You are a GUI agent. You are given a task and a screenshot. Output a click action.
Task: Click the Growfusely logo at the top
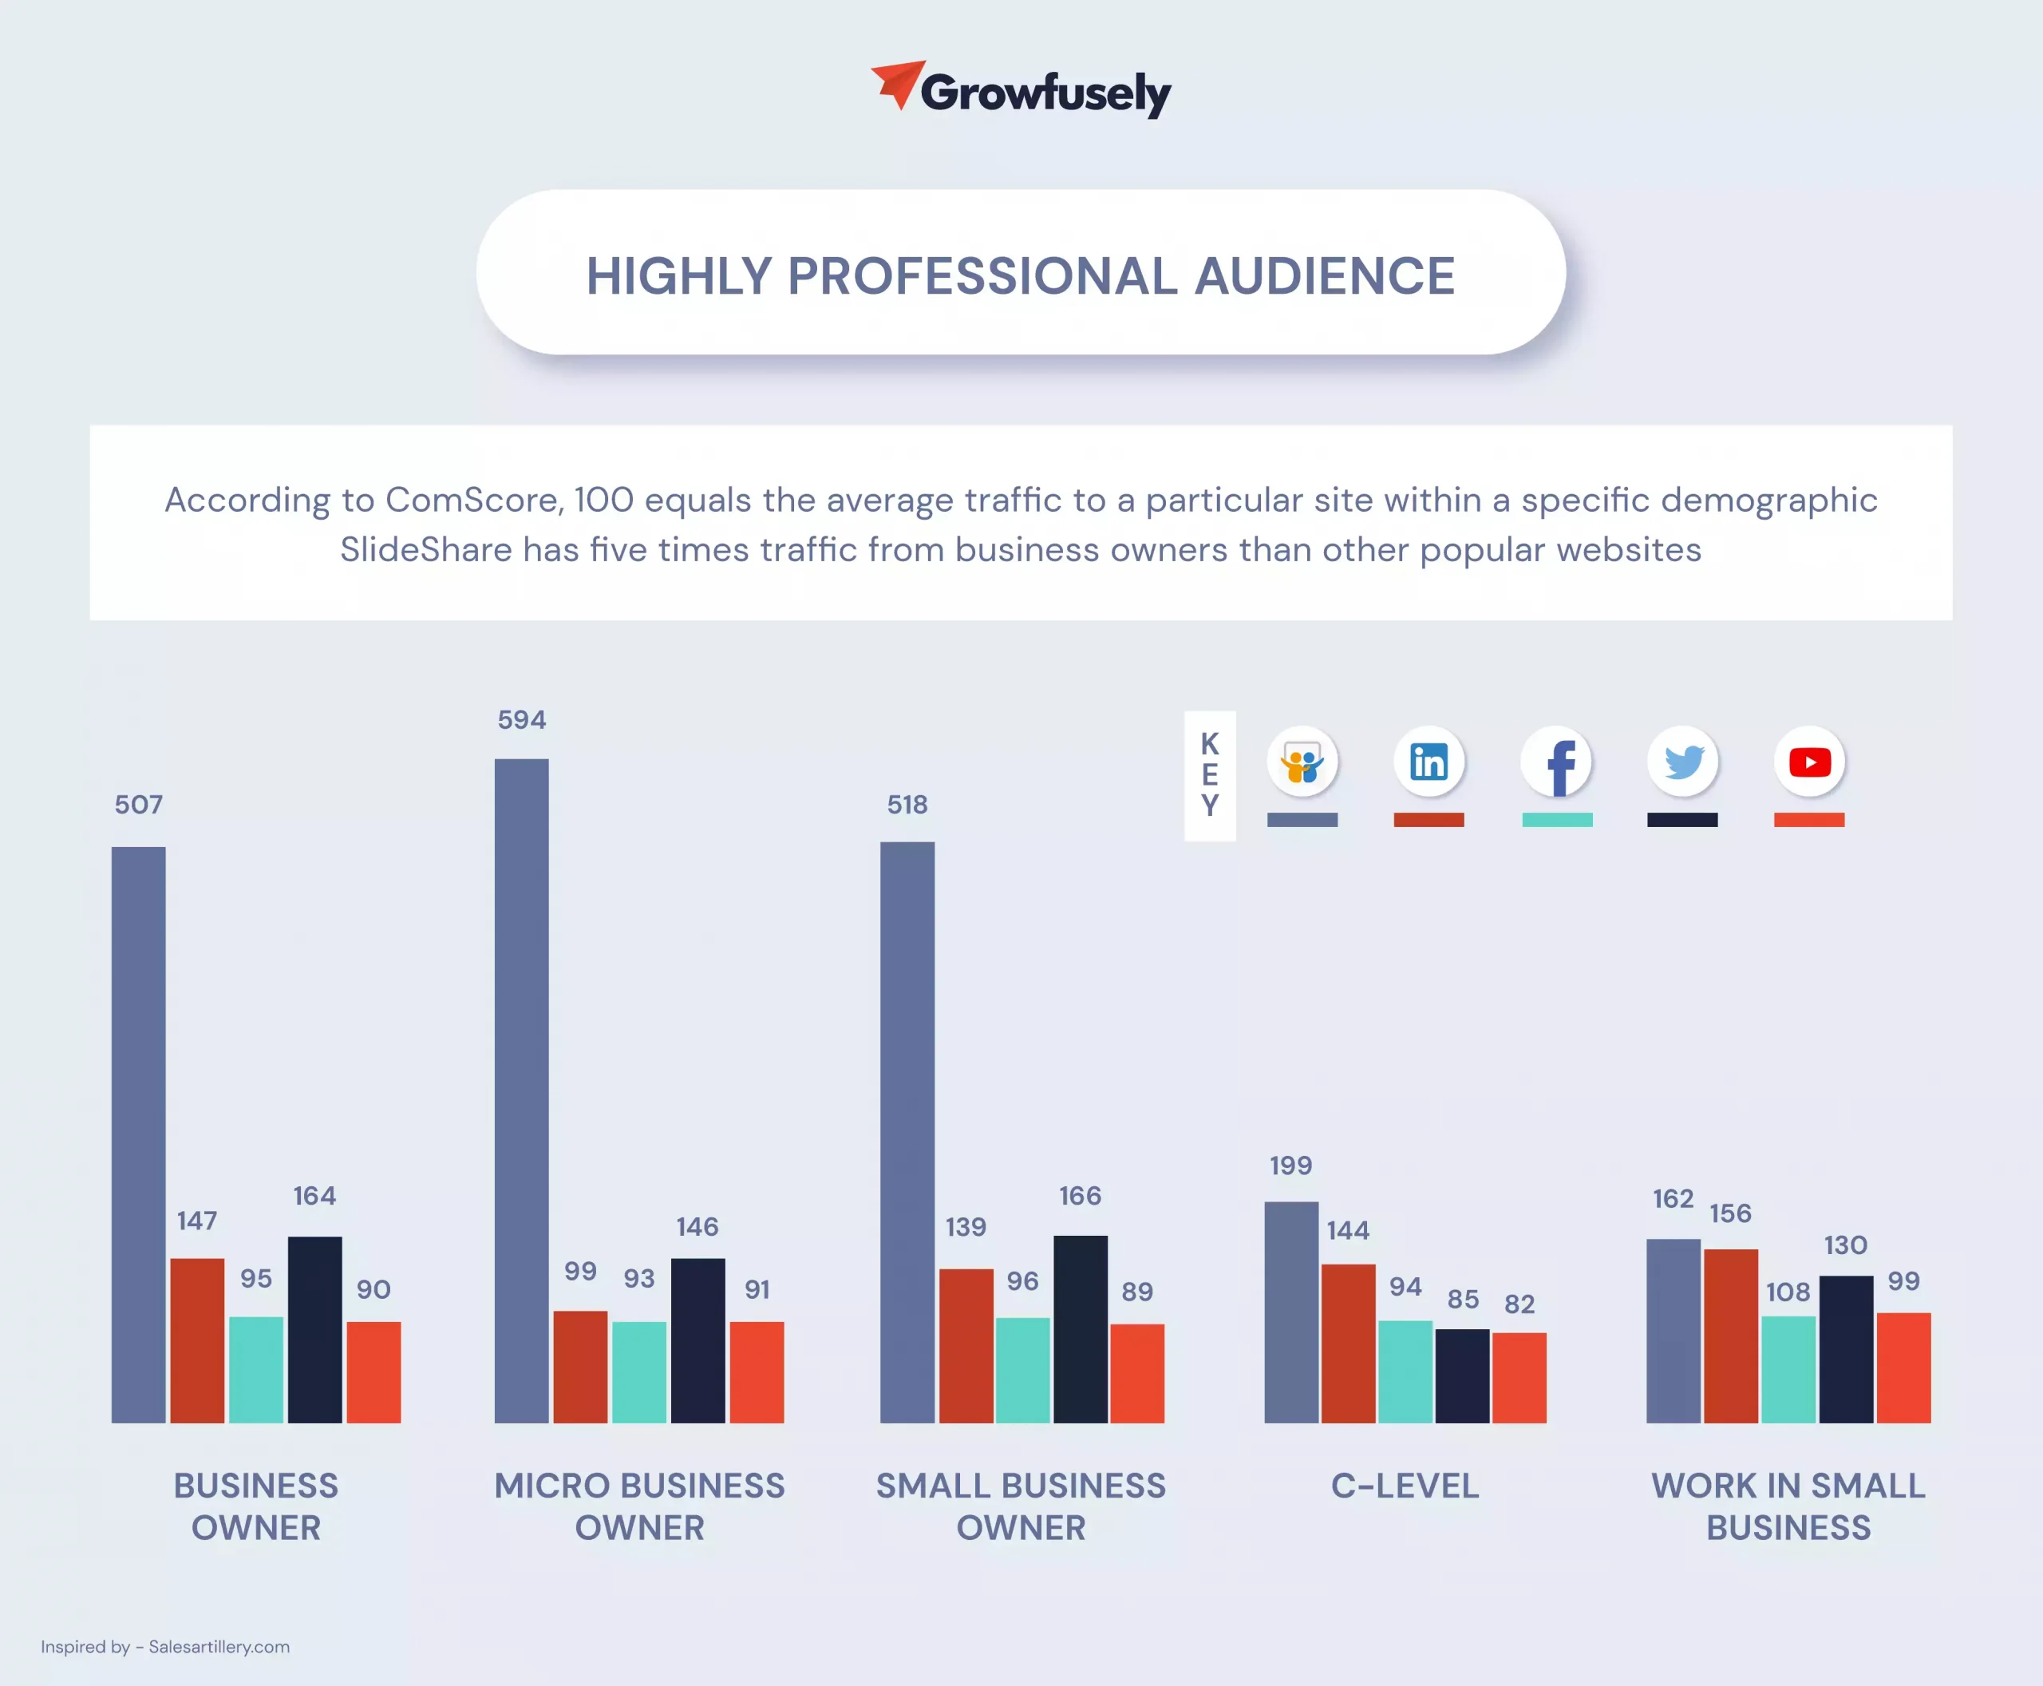pyautogui.click(x=1021, y=90)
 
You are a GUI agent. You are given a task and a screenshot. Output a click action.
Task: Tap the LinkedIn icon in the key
pyautogui.click(x=1429, y=762)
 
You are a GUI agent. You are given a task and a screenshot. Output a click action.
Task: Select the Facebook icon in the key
pyautogui.click(x=1556, y=762)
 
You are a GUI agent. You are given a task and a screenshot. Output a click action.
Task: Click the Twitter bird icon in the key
pyautogui.click(x=1683, y=762)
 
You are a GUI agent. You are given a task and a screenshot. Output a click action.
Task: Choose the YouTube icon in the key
pyautogui.click(x=1810, y=762)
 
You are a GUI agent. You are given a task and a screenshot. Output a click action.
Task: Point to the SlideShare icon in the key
pyautogui.click(x=1302, y=762)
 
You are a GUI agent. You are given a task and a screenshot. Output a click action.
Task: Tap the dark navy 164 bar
pyautogui.click(x=314, y=1330)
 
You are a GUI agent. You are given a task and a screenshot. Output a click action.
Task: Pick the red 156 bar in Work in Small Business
pyautogui.click(x=1730, y=1336)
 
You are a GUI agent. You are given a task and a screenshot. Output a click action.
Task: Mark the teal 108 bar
pyautogui.click(x=1788, y=1369)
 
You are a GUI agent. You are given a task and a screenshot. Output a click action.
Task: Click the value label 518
pyautogui.click(x=907, y=804)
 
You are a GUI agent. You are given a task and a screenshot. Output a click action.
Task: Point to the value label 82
pyautogui.click(x=1519, y=1304)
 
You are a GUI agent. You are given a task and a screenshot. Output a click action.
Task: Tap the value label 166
pyautogui.click(x=1080, y=1196)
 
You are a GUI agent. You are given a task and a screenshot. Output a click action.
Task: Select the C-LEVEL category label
pyautogui.click(x=1405, y=1486)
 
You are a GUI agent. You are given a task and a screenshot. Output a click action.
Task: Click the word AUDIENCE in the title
pyautogui.click(x=1325, y=276)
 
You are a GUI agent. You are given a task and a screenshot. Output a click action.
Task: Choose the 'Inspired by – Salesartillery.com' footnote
pyautogui.click(x=165, y=1646)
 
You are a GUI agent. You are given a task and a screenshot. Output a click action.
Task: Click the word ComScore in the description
pyautogui.click(x=474, y=501)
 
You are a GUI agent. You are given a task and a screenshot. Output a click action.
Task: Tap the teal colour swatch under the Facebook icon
pyautogui.click(x=1556, y=820)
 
